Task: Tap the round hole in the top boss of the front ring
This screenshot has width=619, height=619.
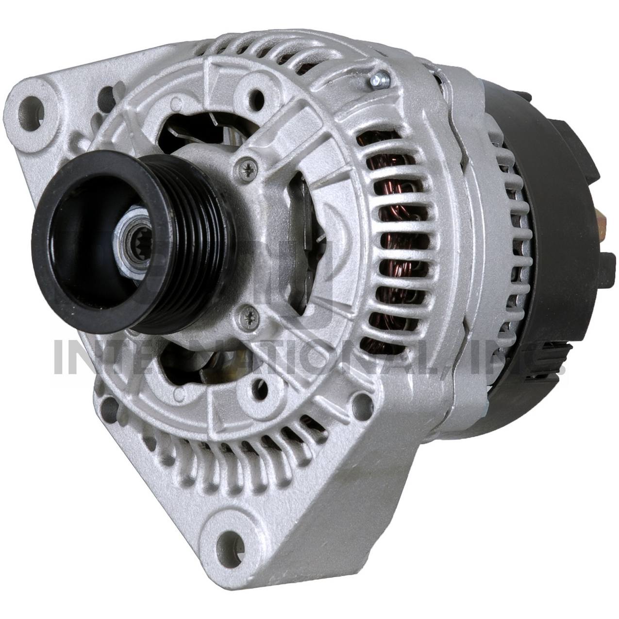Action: click(255, 94)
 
